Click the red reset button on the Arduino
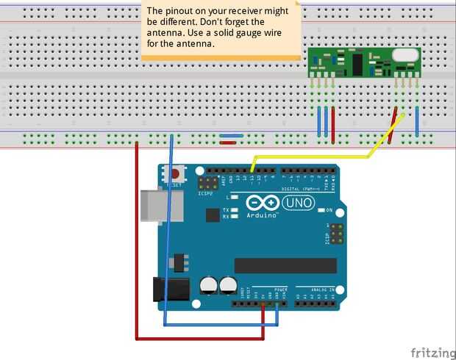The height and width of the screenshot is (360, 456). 175,174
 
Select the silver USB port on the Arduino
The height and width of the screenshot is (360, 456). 156,205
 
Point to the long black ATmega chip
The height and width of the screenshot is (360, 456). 285,265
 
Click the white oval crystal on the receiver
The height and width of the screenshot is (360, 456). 405,54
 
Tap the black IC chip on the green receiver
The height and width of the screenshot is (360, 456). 355,63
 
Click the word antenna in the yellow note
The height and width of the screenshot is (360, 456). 165,32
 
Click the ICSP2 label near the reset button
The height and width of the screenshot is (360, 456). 205,193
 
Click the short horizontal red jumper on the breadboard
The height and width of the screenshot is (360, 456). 228,143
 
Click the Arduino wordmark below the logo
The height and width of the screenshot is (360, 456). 262,216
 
